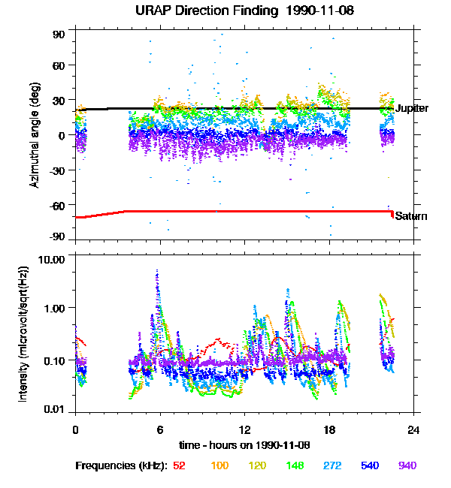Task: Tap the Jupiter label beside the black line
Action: pyautogui.click(x=412, y=109)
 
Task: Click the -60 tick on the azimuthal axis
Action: pyautogui.click(x=58, y=205)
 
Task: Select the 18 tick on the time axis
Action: pyautogui.click(x=328, y=430)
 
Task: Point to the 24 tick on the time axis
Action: pyautogui.click(x=413, y=430)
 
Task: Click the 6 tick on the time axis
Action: pyautogui.click(x=159, y=430)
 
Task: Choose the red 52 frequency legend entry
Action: pyautogui.click(x=179, y=465)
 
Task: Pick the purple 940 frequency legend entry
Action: pyautogui.click(x=407, y=465)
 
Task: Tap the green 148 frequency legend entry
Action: pyautogui.click(x=295, y=465)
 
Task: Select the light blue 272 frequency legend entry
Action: pyautogui.click(x=332, y=465)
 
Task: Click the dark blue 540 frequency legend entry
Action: pyautogui.click(x=369, y=465)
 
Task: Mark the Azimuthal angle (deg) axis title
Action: pyautogui.click(x=34, y=135)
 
